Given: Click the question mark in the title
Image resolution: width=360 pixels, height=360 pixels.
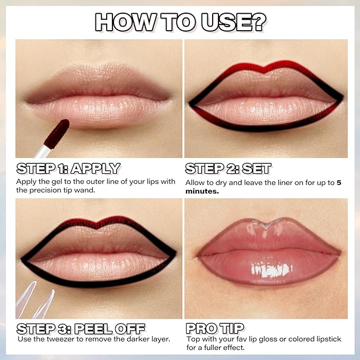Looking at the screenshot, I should tap(256, 22).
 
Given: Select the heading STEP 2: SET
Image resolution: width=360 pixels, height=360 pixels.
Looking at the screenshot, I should tap(228, 169).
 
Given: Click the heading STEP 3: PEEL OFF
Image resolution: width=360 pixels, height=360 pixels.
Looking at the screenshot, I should tap(81, 328).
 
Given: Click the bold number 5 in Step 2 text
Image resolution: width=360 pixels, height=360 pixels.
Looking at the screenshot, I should tap(339, 183).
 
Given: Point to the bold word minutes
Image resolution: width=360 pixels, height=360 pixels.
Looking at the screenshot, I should tap(202, 191).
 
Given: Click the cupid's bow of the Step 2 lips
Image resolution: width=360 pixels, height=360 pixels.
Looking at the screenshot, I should tap(266, 68).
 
